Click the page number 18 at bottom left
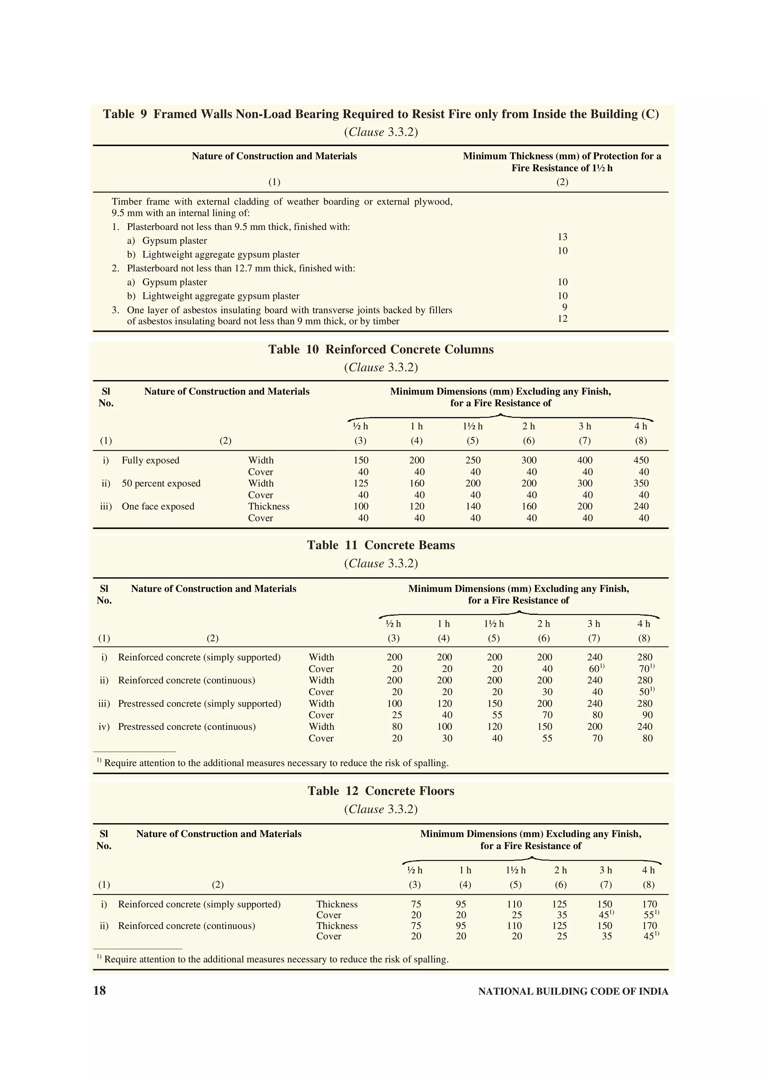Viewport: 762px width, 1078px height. click(100, 991)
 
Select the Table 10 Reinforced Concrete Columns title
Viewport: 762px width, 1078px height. click(381, 349)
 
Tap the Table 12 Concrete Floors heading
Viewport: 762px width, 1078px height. click(381, 791)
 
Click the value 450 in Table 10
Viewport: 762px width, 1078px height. click(641, 461)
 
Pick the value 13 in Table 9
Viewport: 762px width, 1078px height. click(563, 237)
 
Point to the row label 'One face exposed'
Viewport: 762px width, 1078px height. click(158, 507)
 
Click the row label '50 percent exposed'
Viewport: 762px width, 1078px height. click(161, 484)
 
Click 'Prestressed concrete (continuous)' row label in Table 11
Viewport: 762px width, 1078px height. click(187, 727)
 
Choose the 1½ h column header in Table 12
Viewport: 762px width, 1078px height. click(516, 870)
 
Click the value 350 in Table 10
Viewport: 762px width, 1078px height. click(641, 484)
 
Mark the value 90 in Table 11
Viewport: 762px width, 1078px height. click(647, 715)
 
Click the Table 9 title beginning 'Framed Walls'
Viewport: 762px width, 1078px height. click(381, 115)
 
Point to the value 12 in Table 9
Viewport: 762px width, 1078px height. click(563, 319)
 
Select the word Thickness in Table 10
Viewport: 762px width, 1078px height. click(269, 507)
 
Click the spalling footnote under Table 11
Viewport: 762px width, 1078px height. click(272, 763)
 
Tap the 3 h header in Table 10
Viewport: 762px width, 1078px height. click(585, 426)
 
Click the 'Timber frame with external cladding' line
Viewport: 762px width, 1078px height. click(282, 202)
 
